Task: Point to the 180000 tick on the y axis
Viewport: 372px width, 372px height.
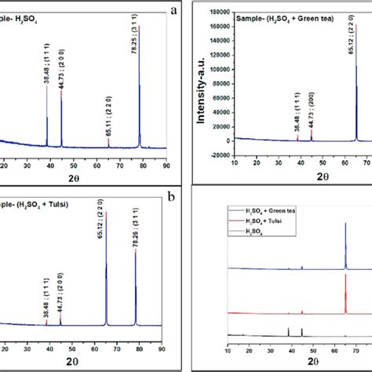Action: [x=219, y=13]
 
